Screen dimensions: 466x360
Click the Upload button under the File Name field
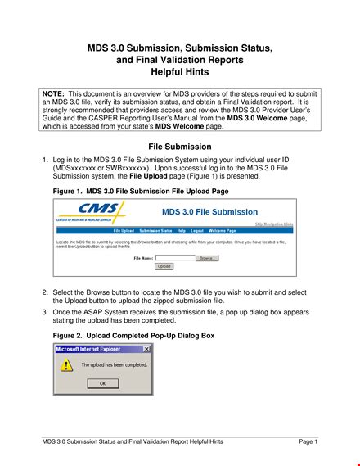[x=164, y=266]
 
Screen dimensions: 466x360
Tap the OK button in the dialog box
[x=102, y=382]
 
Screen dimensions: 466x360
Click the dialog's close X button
[x=146, y=349]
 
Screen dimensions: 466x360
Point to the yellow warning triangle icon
[x=67, y=365]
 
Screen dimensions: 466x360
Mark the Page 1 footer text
[x=308, y=442]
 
